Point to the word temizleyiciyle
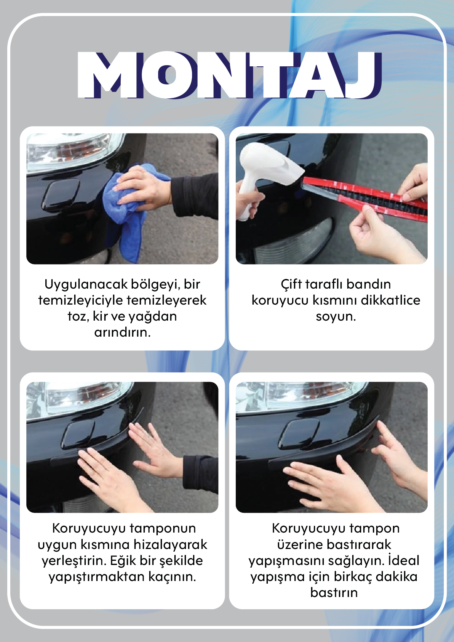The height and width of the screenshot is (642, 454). coord(81,300)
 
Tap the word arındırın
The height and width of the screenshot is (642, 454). coord(123,332)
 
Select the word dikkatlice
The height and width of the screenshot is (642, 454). coord(390,300)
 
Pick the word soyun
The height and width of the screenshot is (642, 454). coord(336,317)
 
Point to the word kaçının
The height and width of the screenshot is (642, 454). coord(172,577)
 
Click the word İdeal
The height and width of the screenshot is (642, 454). coord(404,560)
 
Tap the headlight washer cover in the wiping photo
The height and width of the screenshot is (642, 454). coord(61,195)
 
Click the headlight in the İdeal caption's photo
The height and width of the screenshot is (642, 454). coord(301,397)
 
